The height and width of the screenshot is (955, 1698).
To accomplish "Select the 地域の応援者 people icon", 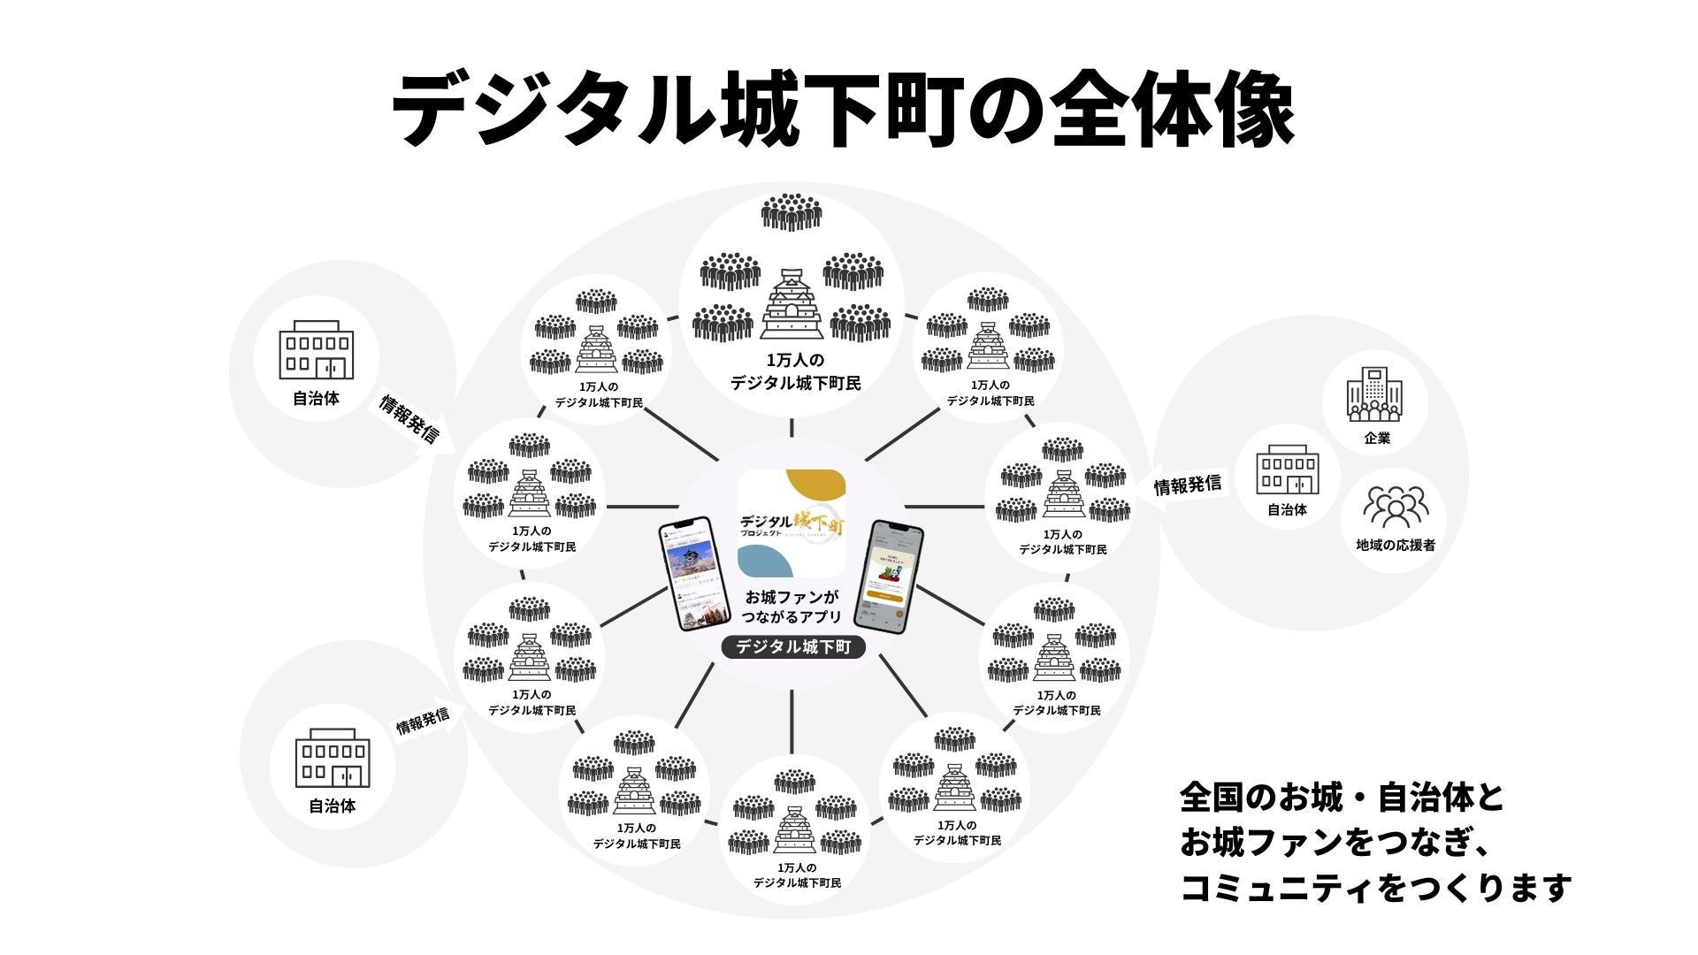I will tap(1395, 507).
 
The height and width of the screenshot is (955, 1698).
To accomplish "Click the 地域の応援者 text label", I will tap(1395, 546).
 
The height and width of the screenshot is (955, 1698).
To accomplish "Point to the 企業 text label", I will tap(1377, 438).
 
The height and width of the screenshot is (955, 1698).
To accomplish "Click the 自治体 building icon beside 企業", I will tap(1287, 470).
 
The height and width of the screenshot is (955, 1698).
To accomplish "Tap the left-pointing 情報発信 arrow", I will tap(1188, 485).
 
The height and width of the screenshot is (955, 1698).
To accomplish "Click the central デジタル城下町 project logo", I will tap(792, 523).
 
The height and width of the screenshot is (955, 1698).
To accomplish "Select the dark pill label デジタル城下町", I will tap(792, 647).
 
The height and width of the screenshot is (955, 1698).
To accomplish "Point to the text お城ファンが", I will tap(792, 597).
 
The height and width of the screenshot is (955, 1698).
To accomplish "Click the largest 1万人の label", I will tap(794, 361).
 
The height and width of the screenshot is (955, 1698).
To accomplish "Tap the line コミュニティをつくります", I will tap(1375, 887).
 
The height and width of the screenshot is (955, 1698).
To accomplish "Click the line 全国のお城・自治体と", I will tap(1342, 798).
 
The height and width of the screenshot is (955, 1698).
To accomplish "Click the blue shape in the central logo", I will tap(765, 562).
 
